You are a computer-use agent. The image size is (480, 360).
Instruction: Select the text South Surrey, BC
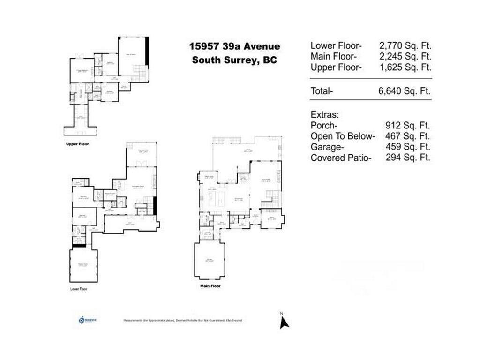pos(234,60)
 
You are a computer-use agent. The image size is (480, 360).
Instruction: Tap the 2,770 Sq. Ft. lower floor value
pos(405,46)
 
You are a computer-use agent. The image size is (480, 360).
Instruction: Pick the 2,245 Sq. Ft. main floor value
pos(405,57)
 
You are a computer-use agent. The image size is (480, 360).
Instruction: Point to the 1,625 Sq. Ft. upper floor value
pos(405,67)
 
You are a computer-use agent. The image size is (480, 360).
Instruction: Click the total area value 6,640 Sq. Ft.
pos(404,91)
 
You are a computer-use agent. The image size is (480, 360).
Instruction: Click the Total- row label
pos(322,91)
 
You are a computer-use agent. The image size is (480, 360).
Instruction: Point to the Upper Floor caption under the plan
pos(77,144)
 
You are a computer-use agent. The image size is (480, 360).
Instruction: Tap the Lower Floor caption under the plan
pos(79,289)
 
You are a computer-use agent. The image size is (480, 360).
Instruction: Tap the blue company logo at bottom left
pos(82,320)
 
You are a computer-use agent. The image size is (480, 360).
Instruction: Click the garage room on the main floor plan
pos(210,261)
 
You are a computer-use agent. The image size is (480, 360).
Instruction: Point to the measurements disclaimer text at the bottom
pos(183,321)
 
